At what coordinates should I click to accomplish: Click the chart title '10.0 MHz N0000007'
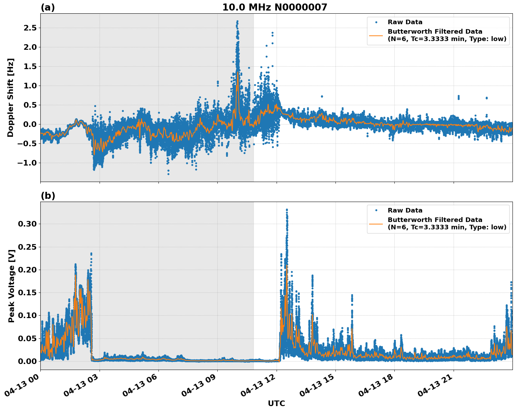coord(274,7)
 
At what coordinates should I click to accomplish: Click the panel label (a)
coord(48,7)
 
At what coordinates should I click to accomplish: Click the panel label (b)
coord(48,196)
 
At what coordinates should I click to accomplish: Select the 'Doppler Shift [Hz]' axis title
coord(11,97)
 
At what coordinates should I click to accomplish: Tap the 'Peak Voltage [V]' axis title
coord(12,286)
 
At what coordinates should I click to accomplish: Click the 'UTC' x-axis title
coord(276,403)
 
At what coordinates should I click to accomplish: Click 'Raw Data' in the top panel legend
coord(405,22)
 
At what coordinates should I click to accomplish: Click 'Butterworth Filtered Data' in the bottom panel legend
coord(435,220)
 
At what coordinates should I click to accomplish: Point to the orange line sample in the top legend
coord(376,35)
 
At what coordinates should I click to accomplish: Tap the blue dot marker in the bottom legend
coord(376,210)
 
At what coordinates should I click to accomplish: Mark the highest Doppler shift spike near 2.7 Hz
coord(237,21)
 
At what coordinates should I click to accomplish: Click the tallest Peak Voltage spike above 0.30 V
coord(287,210)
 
